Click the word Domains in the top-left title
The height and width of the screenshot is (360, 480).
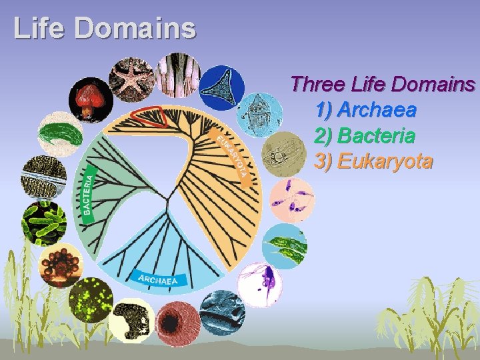[135, 28]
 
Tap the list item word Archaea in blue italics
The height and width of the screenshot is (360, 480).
[377, 110]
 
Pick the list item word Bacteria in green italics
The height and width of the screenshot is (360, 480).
[377, 136]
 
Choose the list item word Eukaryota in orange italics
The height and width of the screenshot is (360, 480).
[385, 161]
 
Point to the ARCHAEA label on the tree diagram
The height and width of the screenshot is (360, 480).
[159, 279]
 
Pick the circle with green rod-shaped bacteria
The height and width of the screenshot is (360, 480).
[44, 222]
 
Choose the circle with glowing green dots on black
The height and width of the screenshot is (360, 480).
[91, 300]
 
